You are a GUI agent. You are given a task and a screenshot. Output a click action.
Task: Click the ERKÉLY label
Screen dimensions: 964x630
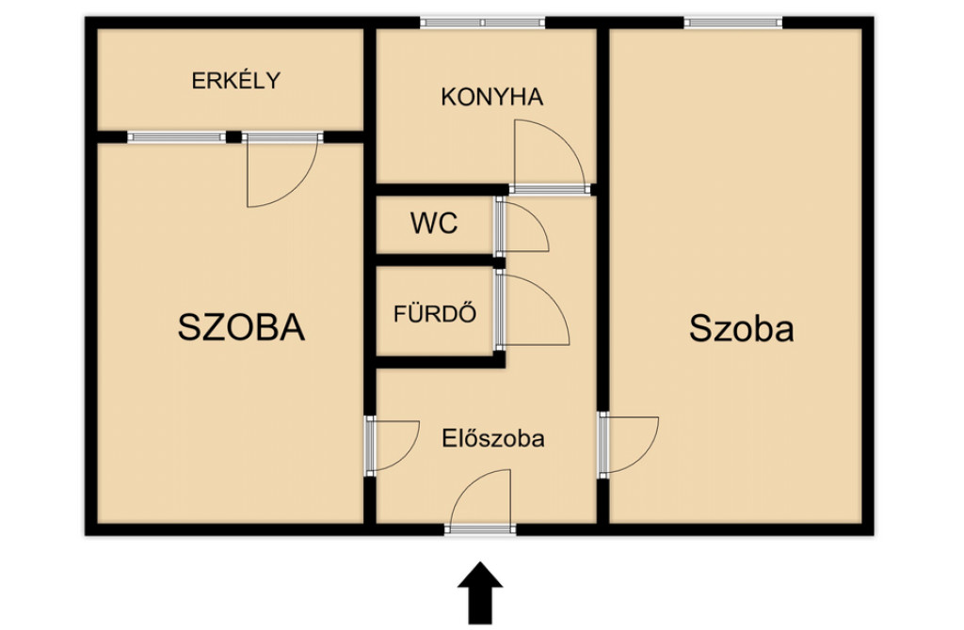tap(236, 81)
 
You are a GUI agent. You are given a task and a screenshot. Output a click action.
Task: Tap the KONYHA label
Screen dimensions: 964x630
tap(491, 97)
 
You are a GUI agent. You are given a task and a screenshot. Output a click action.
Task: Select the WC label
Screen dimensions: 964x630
tap(434, 224)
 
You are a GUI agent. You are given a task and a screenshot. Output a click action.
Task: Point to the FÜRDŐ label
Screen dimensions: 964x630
tap(435, 314)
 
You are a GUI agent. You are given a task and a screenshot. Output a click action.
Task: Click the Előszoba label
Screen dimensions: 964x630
tap(493, 438)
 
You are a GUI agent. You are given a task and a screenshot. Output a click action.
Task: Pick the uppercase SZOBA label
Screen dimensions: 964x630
tap(241, 326)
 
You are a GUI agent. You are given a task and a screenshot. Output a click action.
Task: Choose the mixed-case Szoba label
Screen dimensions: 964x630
tap(742, 328)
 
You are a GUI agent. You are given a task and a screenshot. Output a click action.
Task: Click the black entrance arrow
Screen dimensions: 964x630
tap(480, 592)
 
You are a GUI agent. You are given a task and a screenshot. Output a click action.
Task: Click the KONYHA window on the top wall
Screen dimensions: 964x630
tap(483, 23)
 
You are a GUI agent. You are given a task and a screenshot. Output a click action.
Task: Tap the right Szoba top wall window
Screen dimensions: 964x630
tap(732, 23)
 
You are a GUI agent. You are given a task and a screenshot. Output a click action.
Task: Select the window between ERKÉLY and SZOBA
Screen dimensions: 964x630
tap(176, 137)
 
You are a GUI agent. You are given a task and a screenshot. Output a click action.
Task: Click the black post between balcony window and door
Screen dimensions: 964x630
tap(233, 137)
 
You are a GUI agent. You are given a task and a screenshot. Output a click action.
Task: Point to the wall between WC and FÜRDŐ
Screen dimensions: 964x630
tap(440, 261)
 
